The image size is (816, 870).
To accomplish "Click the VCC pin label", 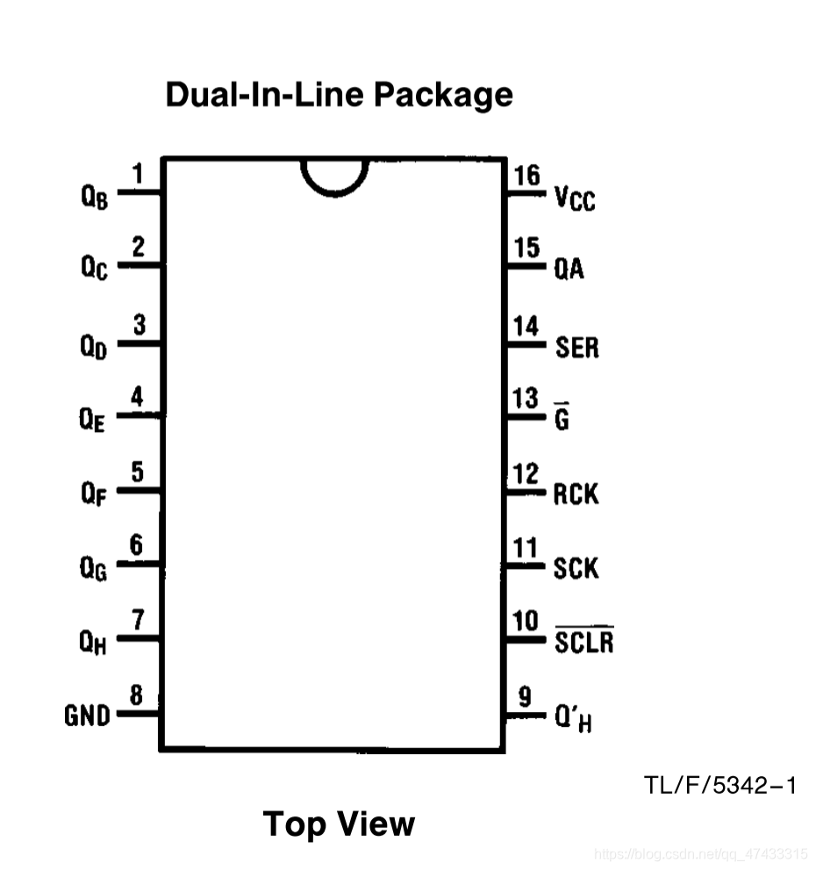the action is pyautogui.click(x=575, y=199).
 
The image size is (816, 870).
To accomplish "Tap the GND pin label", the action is pyautogui.click(x=88, y=716).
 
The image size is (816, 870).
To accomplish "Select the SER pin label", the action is pyautogui.click(x=576, y=348).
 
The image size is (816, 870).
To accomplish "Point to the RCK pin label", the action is pyautogui.click(x=576, y=494).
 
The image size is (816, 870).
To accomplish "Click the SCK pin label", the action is pyautogui.click(x=576, y=569).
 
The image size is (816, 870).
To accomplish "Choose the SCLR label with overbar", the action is pyautogui.click(x=583, y=642).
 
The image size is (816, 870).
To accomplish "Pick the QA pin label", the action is pyautogui.click(x=569, y=270).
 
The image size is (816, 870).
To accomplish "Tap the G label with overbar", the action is pyautogui.click(x=562, y=419).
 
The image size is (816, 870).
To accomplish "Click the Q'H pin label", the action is pyautogui.click(x=572, y=720).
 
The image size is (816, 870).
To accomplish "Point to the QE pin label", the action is pyautogui.click(x=93, y=421).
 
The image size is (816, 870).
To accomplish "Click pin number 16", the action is pyautogui.click(x=527, y=175).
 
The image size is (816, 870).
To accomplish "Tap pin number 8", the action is pyautogui.click(x=136, y=696).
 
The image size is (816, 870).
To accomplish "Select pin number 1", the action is pyautogui.click(x=137, y=174).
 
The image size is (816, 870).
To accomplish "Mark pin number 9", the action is pyautogui.click(x=525, y=698).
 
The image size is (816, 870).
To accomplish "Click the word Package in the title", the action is pyautogui.click(x=443, y=93).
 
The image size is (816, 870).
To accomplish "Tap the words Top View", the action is pyautogui.click(x=339, y=823).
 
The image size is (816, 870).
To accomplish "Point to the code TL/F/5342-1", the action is pyautogui.click(x=719, y=784).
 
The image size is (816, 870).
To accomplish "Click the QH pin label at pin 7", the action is pyautogui.click(x=94, y=643).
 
